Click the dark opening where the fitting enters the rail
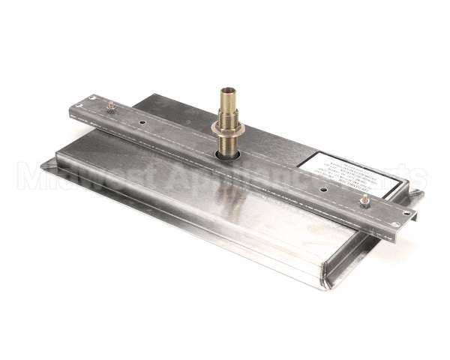coord(228,154)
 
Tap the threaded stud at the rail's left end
coord(111,107)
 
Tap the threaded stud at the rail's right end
coord(365,200)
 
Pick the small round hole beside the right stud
coord(323,190)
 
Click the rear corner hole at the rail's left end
coord(91,98)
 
